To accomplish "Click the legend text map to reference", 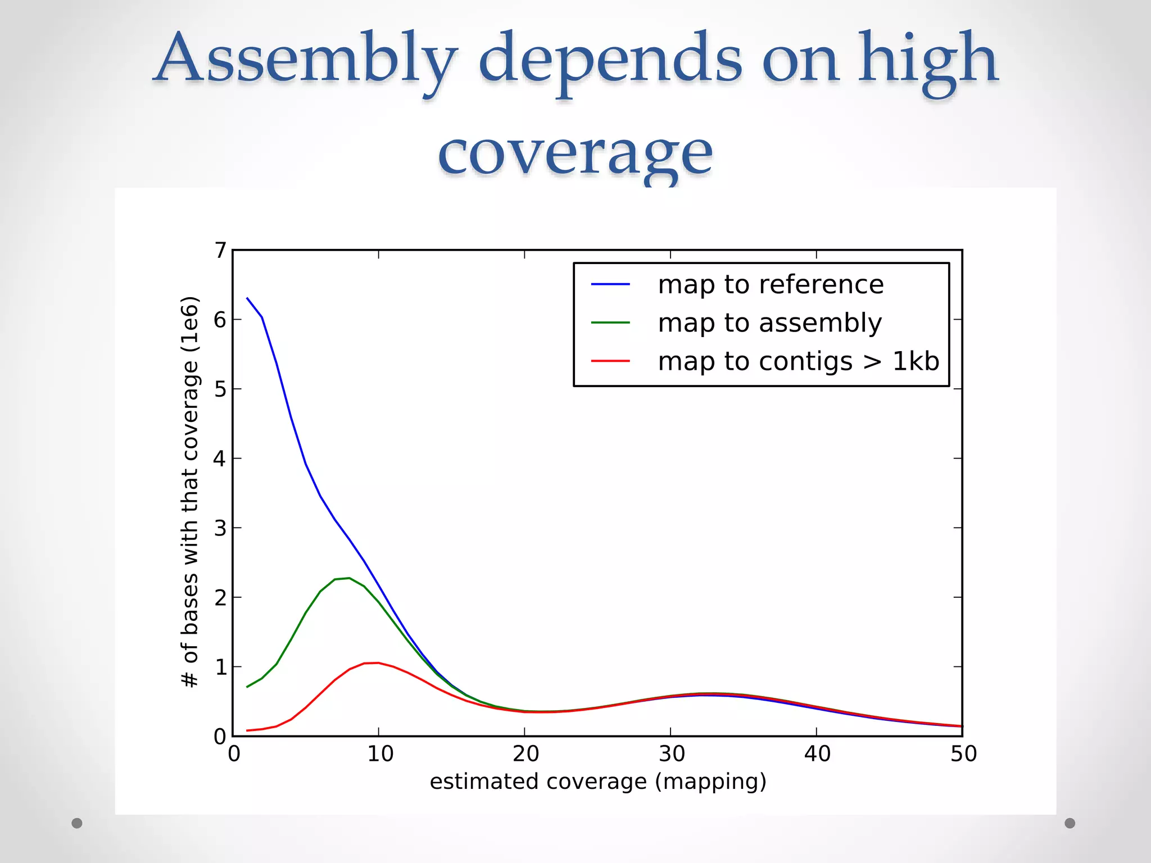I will coord(771,284).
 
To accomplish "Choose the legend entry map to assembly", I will coord(769,323).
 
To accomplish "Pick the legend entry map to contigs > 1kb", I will coord(798,361).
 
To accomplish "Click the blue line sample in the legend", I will coord(610,284).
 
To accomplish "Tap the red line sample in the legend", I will coord(610,361).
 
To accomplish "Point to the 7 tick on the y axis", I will coord(220,250).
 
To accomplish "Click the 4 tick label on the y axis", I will coord(220,458).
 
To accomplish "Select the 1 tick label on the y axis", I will coord(220,667).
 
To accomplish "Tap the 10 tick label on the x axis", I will coord(380,754).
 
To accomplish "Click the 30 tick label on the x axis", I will coord(672,754).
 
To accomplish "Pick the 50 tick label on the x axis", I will coord(963,754).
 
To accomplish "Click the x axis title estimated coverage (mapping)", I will coord(598,782).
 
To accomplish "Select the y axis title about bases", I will coord(190,492).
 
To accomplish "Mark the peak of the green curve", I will coord(349,578).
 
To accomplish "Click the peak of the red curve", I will coord(378,663).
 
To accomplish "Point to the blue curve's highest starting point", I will coord(247,298).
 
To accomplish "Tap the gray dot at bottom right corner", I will coord(1070,823).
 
